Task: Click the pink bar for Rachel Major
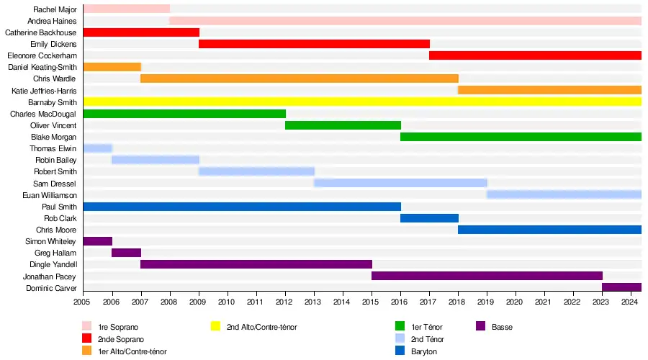[126, 9]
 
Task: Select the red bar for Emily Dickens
[314, 44]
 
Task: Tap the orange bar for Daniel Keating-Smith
[112, 67]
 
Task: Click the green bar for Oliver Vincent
[343, 125]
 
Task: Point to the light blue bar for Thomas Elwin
[97, 148]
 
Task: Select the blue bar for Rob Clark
[429, 218]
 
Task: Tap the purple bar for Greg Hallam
[126, 253]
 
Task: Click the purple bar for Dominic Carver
[621, 288]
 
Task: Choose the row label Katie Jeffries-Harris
[44, 91]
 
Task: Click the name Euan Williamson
[50, 195]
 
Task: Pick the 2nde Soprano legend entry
[121, 339]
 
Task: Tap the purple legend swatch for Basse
[481, 327]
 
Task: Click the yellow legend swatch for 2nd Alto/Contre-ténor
[215, 327]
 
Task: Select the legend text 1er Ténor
[426, 327]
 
